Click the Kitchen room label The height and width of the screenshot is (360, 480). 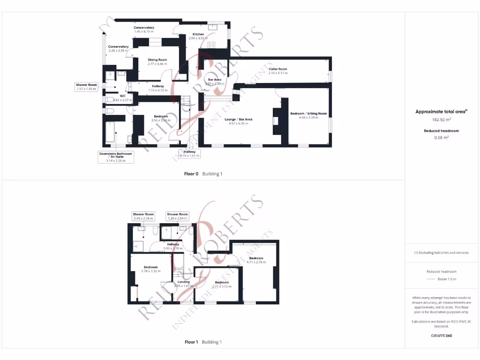point(197,34)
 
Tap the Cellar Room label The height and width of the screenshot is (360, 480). point(277,69)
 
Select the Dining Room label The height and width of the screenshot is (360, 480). point(157,60)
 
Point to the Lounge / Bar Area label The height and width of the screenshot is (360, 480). point(239,120)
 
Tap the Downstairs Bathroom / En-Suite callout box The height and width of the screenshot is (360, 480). point(116,157)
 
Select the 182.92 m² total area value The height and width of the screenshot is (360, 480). point(441,120)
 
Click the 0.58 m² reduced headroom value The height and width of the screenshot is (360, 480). point(441,137)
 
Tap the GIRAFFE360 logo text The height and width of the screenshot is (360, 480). point(441,336)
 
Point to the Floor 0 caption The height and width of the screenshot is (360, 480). point(190,174)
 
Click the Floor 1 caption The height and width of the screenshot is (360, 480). point(190,342)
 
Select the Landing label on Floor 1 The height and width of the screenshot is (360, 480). point(180,282)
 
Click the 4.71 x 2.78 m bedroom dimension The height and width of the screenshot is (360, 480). point(256,262)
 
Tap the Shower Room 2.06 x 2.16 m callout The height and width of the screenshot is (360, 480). point(143,216)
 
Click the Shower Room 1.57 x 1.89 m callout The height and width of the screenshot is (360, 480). point(86,87)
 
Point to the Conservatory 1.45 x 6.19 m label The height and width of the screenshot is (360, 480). point(144,30)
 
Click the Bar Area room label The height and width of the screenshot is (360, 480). point(215,80)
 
